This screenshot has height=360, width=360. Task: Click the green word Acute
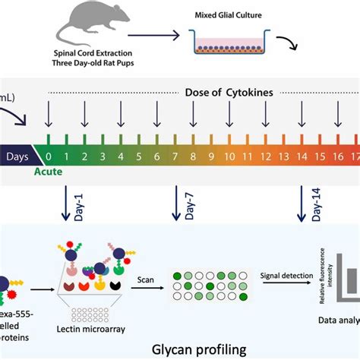(x=49, y=173)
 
